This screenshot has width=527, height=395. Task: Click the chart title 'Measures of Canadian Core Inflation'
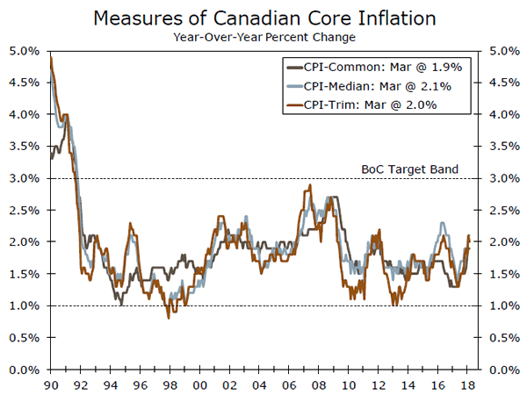[x=263, y=17]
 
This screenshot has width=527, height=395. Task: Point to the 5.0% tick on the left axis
[x=24, y=51]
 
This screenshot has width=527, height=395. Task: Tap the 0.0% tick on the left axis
[x=24, y=370]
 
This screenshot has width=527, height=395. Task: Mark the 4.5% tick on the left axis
[x=24, y=83]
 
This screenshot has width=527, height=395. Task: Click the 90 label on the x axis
[x=51, y=384]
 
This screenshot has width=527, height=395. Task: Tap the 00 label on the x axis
[x=200, y=384]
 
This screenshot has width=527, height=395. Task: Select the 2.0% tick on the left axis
[x=24, y=242]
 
